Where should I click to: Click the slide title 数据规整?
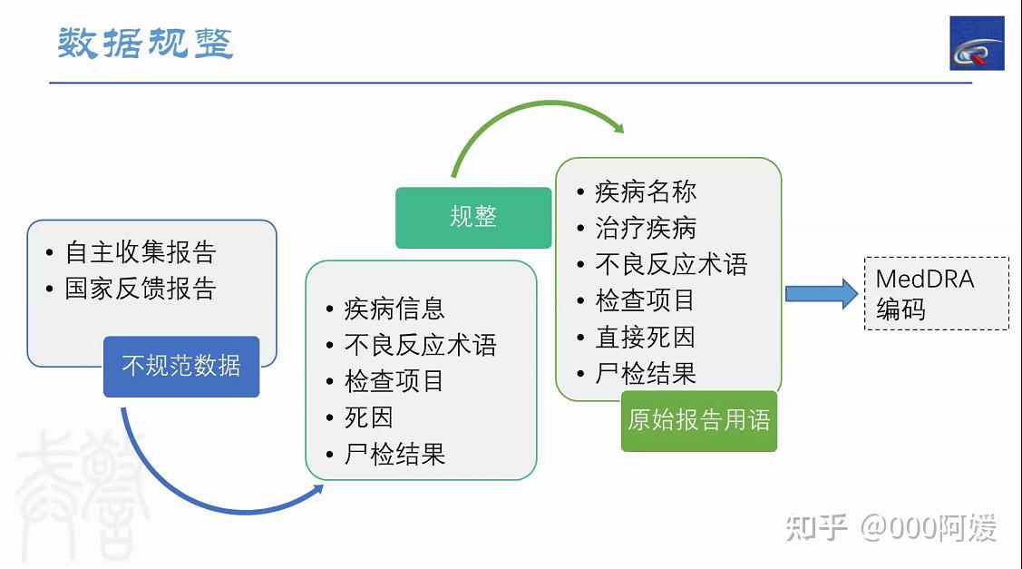pos(146,43)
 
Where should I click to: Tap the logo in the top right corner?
pos(976,44)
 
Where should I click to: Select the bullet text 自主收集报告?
pos(141,252)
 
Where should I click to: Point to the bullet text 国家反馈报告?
pos(141,289)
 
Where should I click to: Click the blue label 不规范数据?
pos(181,366)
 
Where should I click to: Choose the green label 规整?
pos(472,217)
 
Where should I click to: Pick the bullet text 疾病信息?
pos(394,309)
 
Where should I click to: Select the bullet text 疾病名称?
pos(646,191)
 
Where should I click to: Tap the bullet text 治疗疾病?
pos(646,228)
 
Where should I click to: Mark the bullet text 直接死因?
pos(646,337)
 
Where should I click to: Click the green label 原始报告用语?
pos(698,420)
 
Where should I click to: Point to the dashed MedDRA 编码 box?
pos(936,293)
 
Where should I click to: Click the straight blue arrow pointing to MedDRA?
pos(821,293)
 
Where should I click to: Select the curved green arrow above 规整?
pos(535,118)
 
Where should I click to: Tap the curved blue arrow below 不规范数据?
pos(200,486)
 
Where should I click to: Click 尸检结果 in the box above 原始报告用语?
pos(646,373)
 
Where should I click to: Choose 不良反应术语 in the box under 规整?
pos(421,345)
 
